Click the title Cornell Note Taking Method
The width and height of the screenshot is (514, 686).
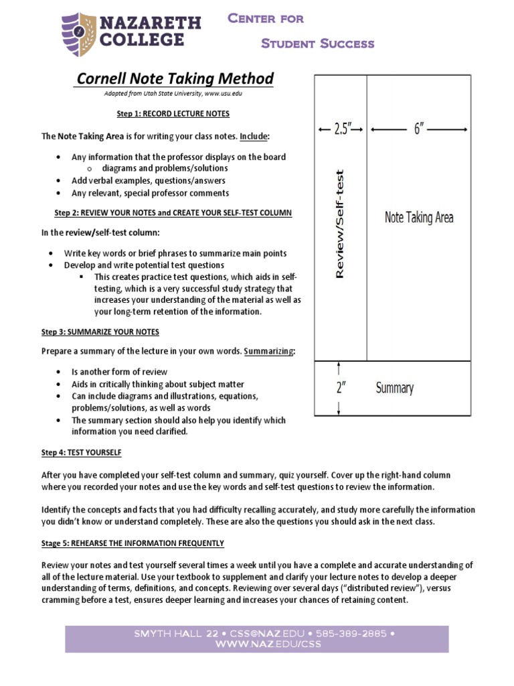tap(175, 79)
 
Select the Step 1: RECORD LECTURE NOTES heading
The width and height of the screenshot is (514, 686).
tap(173, 114)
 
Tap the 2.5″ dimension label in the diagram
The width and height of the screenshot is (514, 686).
tap(341, 129)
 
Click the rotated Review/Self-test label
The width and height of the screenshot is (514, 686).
tap(340, 223)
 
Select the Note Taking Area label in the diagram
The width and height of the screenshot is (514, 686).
tap(418, 217)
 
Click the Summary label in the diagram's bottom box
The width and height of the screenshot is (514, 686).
tap(394, 388)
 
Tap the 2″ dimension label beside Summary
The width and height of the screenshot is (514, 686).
tap(341, 388)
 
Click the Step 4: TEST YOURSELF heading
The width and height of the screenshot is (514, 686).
tap(82, 453)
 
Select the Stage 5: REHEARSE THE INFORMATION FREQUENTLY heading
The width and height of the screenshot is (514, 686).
tap(133, 543)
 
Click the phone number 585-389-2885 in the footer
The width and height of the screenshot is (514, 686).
tap(360, 633)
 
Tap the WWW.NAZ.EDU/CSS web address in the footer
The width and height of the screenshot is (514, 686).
tap(256, 644)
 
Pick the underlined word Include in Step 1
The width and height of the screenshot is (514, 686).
tap(254, 136)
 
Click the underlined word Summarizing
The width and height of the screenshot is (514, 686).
tap(268, 351)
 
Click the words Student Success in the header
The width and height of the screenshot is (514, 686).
tap(317, 44)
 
